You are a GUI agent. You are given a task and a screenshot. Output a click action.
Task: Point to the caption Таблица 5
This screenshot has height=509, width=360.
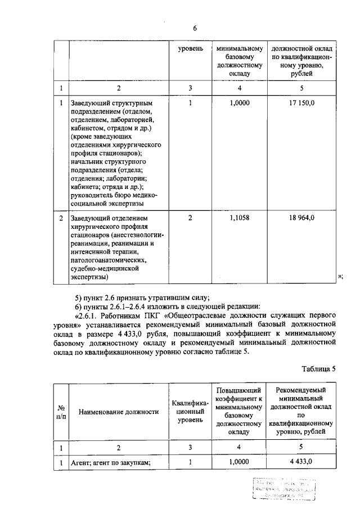click(x=318, y=369)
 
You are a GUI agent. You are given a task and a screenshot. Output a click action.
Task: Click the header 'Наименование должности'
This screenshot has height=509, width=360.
click(x=119, y=412)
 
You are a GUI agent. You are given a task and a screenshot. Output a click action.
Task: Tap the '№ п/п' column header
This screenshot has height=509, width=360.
click(x=61, y=412)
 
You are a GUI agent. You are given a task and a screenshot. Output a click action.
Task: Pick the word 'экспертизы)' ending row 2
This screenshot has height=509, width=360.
click(x=89, y=277)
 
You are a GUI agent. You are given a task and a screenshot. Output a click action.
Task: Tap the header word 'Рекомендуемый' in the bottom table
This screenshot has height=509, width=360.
click(x=301, y=390)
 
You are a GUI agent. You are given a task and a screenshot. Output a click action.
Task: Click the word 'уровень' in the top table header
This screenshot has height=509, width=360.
click(x=190, y=49)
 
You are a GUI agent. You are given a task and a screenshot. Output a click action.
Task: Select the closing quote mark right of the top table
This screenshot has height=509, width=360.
click(x=340, y=276)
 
